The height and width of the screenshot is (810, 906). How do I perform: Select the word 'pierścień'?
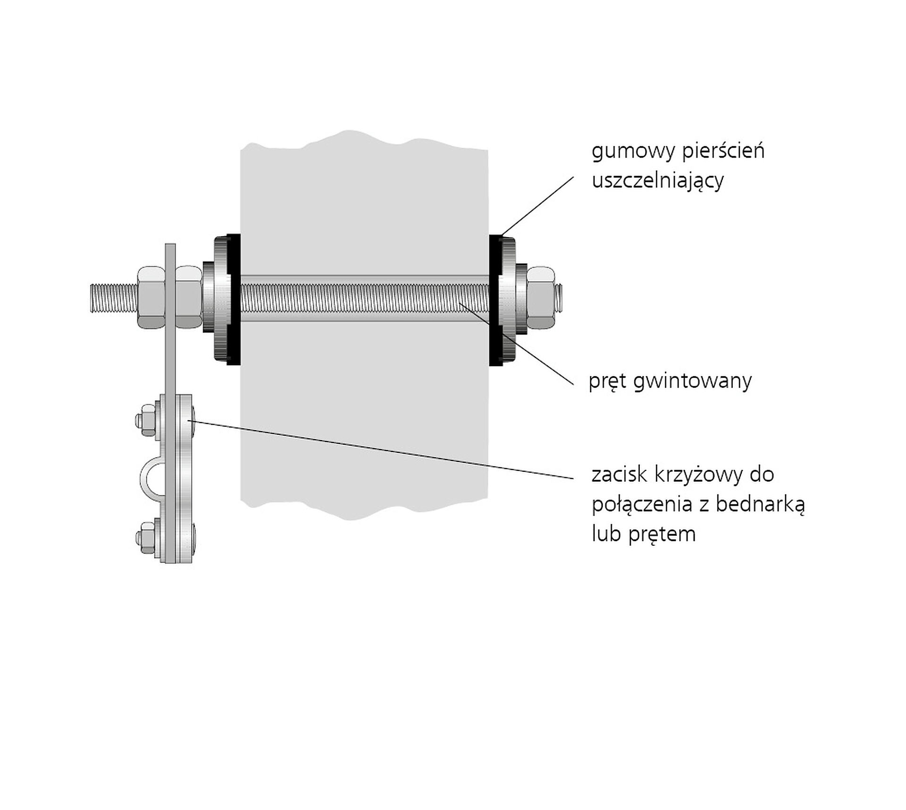(x=723, y=152)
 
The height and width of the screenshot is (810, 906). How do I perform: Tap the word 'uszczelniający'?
(x=657, y=181)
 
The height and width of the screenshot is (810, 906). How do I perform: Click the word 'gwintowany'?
(x=692, y=381)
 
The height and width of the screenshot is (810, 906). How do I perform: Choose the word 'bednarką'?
(x=760, y=504)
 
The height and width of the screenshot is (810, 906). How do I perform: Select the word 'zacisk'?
(x=620, y=475)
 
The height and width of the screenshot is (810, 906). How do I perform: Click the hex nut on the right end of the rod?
(x=541, y=298)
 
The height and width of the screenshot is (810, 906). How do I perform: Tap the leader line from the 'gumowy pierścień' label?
(x=538, y=206)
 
